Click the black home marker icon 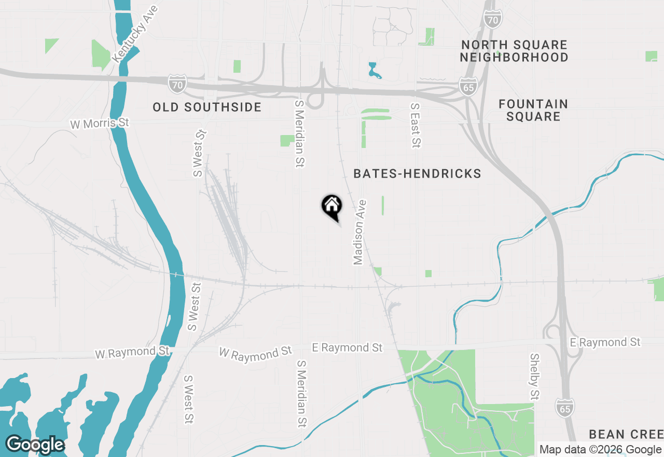pyautogui.click(x=332, y=206)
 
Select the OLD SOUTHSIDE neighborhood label pyautogui.click(x=207, y=107)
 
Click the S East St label pyautogui.click(x=415, y=125)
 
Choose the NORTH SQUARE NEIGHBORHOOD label pyautogui.click(x=514, y=51)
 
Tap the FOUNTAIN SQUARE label pyautogui.click(x=533, y=110)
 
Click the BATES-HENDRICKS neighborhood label pyautogui.click(x=417, y=174)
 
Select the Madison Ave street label pyautogui.click(x=359, y=232)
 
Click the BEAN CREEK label pyautogui.click(x=626, y=434)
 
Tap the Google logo pyautogui.click(x=35, y=445)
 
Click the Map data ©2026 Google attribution pyautogui.click(x=600, y=450)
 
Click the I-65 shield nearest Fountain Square pyautogui.click(x=468, y=86)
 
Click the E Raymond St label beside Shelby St pyautogui.click(x=605, y=342)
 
